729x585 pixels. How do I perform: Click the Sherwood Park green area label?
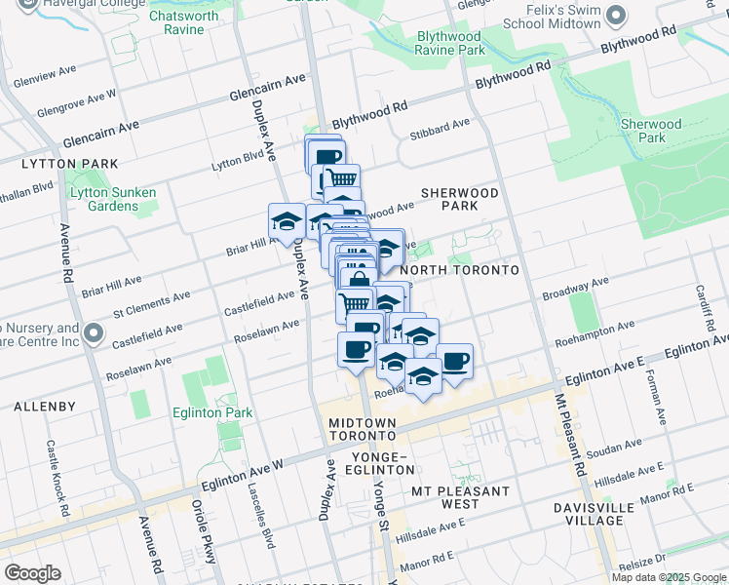652,132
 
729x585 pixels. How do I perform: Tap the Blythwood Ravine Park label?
450,42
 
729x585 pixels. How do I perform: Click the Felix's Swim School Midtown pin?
615,16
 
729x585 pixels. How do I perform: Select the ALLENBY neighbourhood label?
39,405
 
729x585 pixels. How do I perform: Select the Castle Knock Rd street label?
58,478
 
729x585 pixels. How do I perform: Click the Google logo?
33,573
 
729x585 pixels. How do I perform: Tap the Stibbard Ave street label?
440,127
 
